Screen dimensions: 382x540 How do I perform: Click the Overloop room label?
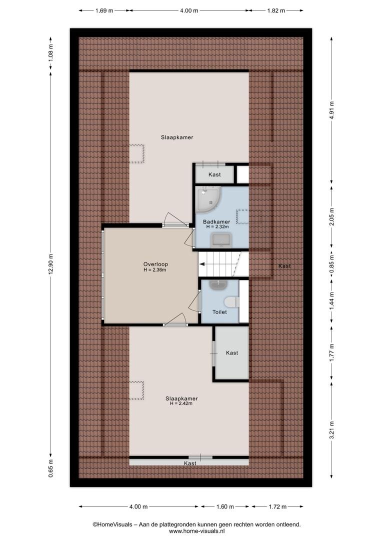click(155, 264)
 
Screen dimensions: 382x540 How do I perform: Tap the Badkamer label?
click(216, 222)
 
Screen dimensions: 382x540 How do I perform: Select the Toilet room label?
click(219, 312)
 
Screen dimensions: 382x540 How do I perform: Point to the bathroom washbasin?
click(221, 239)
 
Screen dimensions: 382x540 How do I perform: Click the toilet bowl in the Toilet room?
click(231, 302)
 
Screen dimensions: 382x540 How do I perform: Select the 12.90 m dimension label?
click(50, 264)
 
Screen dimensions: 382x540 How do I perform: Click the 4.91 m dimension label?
click(331, 110)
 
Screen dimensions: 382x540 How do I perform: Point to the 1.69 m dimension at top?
click(104, 10)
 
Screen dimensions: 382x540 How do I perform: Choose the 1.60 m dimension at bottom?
click(225, 506)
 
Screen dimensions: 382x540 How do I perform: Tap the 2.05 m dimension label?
click(331, 217)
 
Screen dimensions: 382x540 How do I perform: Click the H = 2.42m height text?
click(181, 403)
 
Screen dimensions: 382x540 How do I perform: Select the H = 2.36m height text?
click(155, 270)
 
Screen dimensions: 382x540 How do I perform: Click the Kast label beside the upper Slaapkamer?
click(214, 174)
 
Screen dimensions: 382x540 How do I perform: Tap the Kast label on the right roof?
click(284, 266)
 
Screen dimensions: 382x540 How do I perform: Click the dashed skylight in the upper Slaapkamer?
click(136, 153)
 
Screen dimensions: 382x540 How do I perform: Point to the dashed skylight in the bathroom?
click(242, 216)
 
